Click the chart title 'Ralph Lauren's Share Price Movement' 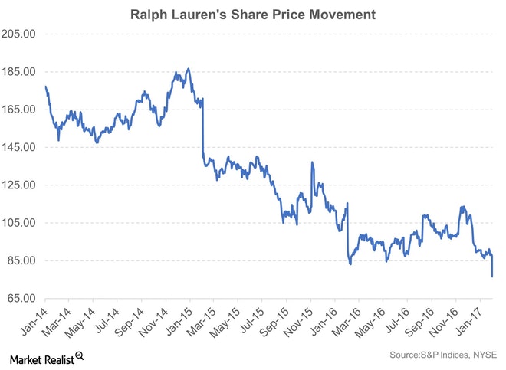(253, 14)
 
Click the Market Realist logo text (42, 356)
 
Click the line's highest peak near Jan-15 (189, 68)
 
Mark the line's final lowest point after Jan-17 (491, 277)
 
